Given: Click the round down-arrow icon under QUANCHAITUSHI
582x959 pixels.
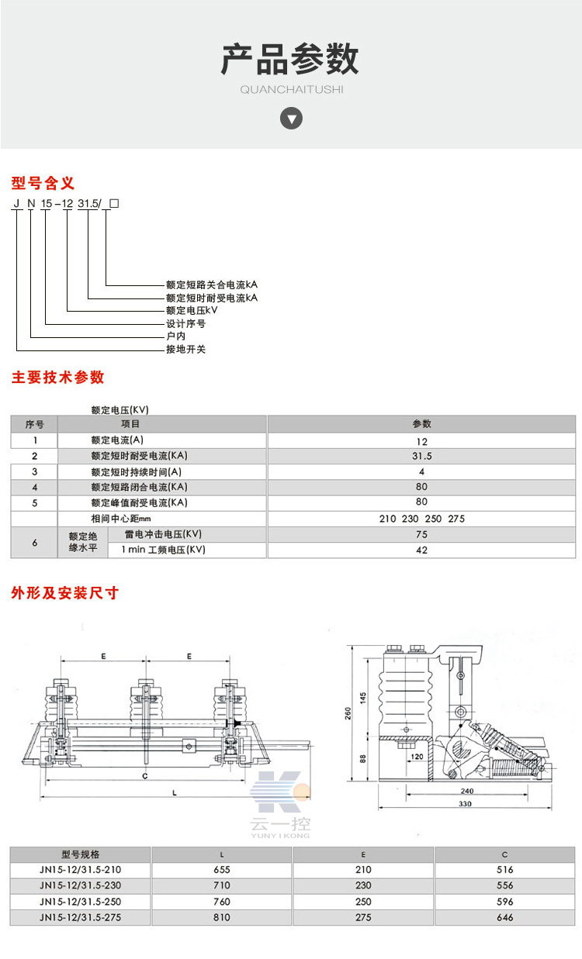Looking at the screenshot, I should click(291, 119).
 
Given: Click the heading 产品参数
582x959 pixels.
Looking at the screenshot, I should click(290, 60).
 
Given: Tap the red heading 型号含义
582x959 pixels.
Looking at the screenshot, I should click(43, 184).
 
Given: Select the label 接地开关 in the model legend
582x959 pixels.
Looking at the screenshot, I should click(186, 350).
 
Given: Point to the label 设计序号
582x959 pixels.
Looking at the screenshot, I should click(186, 323).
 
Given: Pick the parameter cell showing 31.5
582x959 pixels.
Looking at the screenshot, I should click(421, 457).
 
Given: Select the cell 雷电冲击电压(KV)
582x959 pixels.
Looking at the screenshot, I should click(163, 534).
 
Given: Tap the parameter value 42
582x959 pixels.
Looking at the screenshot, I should click(421, 550).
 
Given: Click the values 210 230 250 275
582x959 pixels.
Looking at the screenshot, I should click(421, 519).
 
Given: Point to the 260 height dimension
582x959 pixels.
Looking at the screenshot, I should click(348, 712).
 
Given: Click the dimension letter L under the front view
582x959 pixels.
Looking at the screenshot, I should click(175, 792).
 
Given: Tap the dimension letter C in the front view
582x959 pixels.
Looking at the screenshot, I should click(145, 774).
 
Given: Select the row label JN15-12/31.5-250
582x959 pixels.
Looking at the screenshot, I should click(80, 902).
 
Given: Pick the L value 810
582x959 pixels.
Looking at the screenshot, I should click(222, 918).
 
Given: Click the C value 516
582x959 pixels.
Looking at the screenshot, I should click(504, 870).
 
